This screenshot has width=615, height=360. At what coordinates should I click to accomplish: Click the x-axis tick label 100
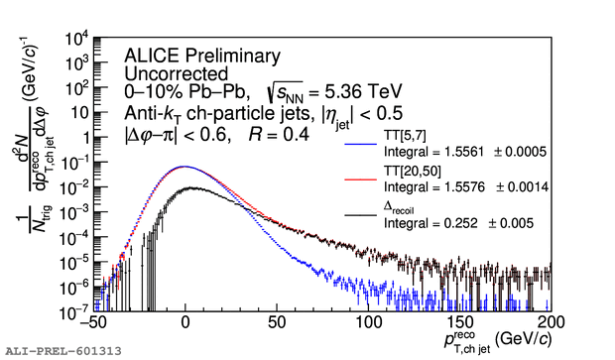368,322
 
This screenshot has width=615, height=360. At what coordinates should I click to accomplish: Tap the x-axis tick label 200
551,322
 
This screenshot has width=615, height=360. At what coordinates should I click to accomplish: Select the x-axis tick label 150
459,322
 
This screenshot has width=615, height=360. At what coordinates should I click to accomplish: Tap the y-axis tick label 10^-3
74,212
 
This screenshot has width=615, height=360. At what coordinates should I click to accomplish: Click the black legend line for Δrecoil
360,215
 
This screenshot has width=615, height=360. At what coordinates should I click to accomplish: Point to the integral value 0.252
461,223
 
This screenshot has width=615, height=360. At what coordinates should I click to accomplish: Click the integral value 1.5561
464,152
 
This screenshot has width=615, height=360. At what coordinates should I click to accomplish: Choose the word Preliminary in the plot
232,57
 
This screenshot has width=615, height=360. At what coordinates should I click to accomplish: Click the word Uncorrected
177,73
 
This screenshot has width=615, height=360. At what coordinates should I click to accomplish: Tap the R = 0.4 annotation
279,135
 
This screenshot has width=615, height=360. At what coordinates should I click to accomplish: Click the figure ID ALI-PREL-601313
63,351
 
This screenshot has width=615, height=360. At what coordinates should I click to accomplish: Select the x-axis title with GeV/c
498,340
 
